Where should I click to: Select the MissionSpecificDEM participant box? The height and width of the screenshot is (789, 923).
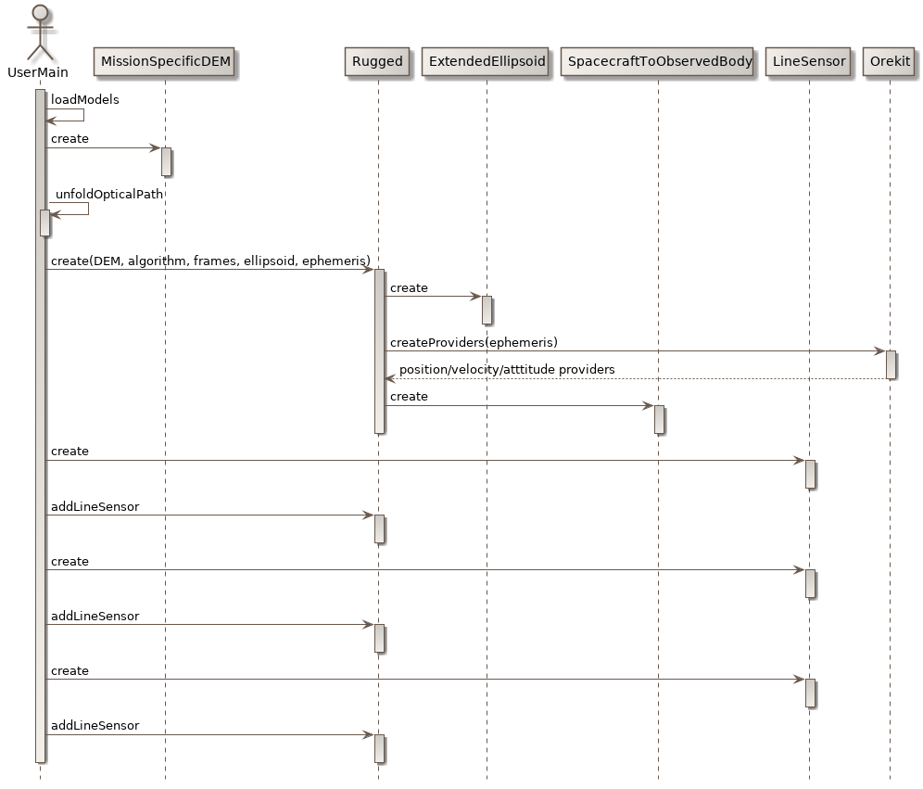[x=165, y=62]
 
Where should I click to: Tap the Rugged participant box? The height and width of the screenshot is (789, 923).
[x=377, y=62]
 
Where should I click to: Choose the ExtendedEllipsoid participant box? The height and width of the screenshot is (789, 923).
[x=487, y=62]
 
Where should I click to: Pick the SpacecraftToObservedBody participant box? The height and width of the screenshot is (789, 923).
[x=659, y=62]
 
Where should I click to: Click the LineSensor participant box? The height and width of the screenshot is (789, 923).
[x=809, y=62]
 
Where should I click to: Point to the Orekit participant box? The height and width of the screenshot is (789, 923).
[x=890, y=62]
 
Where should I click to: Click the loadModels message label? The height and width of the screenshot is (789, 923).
[x=84, y=99]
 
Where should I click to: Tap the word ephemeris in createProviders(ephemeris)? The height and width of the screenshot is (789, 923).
[x=525, y=342]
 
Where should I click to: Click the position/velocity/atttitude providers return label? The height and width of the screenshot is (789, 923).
[x=507, y=370]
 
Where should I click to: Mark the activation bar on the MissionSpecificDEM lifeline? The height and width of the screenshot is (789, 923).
[x=166, y=161]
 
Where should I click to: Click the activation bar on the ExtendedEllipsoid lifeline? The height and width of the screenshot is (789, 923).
[x=487, y=310]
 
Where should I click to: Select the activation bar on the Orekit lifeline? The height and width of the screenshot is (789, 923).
[x=891, y=364]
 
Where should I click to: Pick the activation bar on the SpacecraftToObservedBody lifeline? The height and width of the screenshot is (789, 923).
[x=659, y=419]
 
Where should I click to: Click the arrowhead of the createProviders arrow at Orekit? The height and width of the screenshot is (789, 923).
[x=879, y=351]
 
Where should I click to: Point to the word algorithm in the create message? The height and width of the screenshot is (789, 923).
[x=157, y=261]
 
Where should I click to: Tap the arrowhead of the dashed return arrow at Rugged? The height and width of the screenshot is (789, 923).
[x=390, y=378]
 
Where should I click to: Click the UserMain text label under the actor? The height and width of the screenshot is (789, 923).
[x=38, y=72]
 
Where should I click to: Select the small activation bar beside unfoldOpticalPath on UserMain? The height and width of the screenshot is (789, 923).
[x=44, y=223]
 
